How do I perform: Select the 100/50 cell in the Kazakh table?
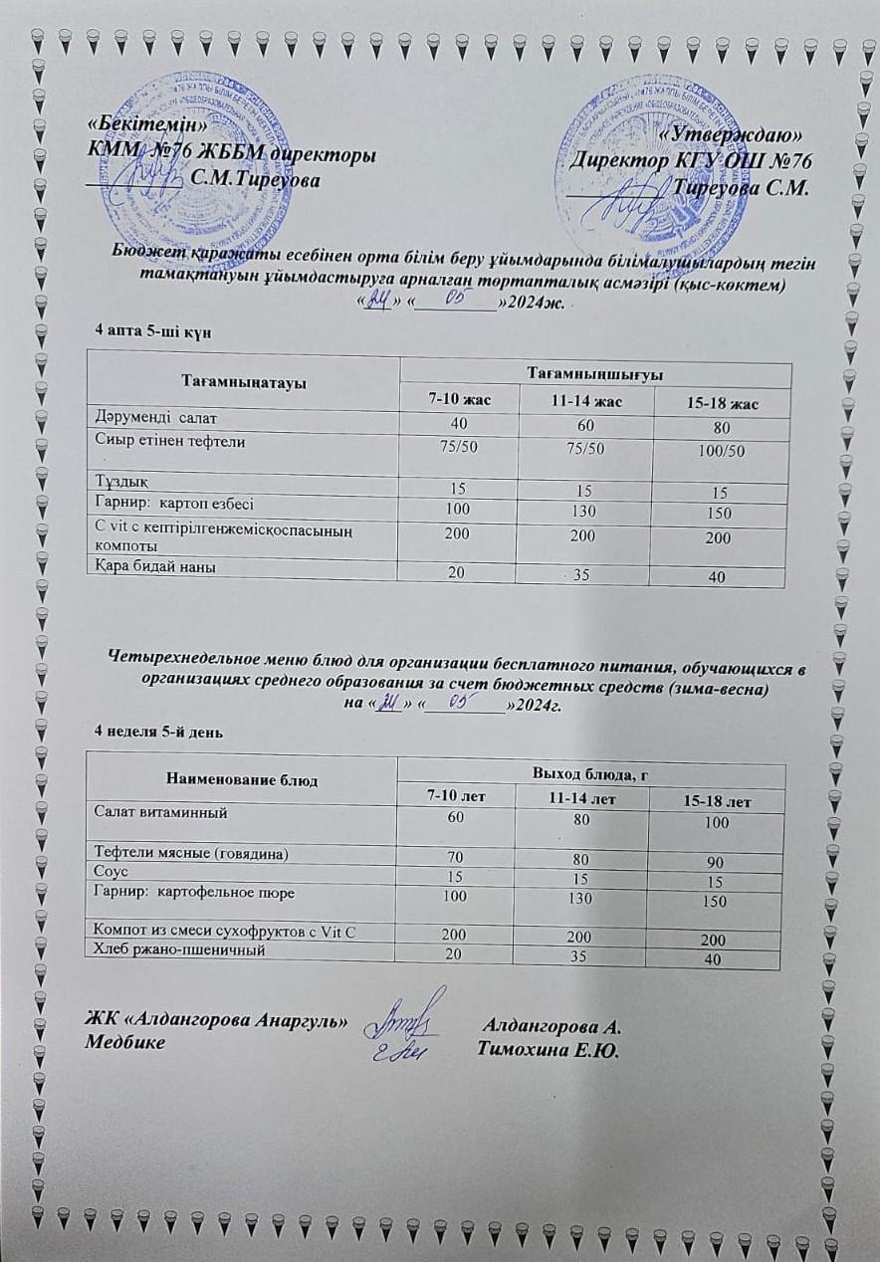coord(723,451)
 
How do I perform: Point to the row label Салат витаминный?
coord(160,812)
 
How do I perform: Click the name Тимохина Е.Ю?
coord(549,1047)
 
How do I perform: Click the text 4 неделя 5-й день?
coord(158,733)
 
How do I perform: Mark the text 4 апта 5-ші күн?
coord(149,328)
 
